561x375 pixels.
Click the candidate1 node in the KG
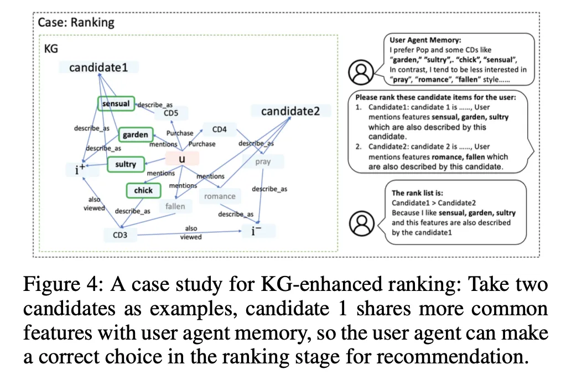click(x=98, y=67)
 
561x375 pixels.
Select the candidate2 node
click(x=290, y=111)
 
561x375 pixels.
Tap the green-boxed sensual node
click(x=116, y=103)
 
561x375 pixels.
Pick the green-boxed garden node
click(x=136, y=134)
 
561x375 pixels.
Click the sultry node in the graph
click(x=126, y=164)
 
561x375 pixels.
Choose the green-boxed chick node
click(x=143, y=191)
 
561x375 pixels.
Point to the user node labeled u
click(x=181, y=159)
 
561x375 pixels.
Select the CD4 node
click(x=220, y=129)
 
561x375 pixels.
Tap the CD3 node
click(x=120, y=235)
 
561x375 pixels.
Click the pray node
click(x=263, y=163)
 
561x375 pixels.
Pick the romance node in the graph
click(x=220, y=196)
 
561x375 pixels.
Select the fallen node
click(x=175, y=207)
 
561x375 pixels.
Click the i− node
click(x=256, y=230)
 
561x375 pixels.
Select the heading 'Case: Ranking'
click(x=76, y=23)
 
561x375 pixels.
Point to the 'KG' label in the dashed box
click(x=51, y=49)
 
